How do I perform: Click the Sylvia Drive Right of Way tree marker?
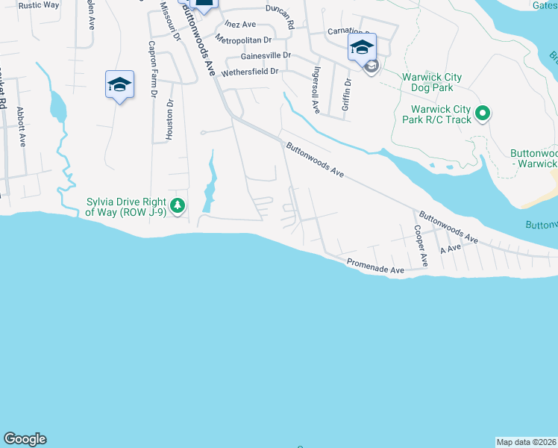coord(177,205)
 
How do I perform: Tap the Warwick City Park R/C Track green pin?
coord(482,114)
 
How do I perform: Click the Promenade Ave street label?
coord(375,265)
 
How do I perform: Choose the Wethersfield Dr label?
coord(254,72)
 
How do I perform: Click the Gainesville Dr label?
coord(266,56)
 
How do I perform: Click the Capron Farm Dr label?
coord(152,69)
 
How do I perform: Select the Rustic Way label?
coord(39,4)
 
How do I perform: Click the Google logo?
coord(25,439)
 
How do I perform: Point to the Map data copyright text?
coord(527,442)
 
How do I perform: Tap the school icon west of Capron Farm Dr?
coord(119,85)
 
